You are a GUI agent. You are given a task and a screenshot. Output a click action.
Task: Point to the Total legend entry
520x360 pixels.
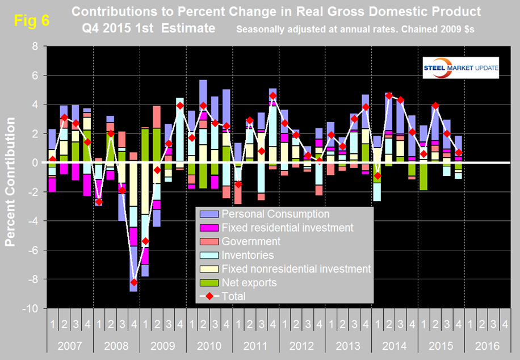point(232,295)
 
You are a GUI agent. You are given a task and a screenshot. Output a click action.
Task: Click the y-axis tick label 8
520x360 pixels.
point(36,47)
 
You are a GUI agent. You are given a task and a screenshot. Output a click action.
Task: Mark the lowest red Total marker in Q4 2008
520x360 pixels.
point(134,282)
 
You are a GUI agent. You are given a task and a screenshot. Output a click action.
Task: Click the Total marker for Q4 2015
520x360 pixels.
point(459,152)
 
